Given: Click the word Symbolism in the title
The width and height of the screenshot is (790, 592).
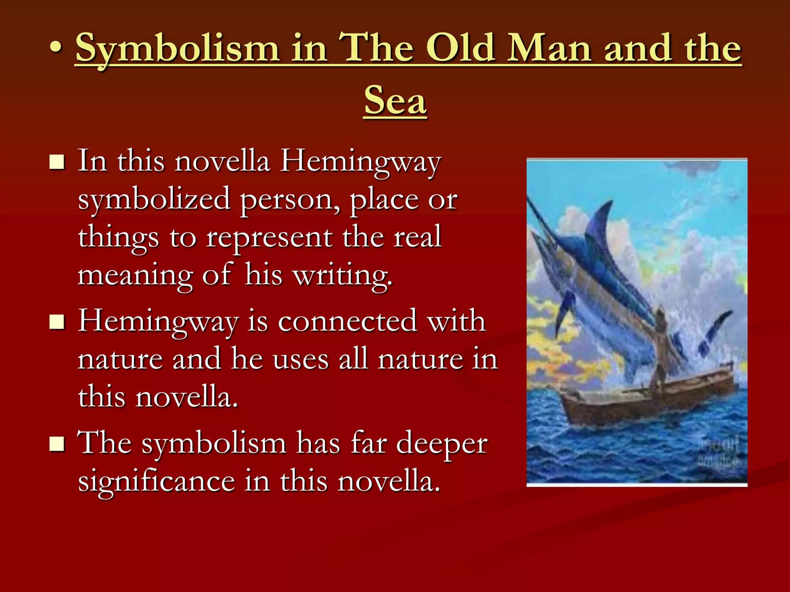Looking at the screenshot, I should click(177, 48).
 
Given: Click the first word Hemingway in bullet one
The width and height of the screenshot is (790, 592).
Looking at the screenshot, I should click(360, 161).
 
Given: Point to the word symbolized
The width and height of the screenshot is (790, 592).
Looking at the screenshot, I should click(154, 199).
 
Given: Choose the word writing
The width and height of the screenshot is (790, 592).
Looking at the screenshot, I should click(342, 275).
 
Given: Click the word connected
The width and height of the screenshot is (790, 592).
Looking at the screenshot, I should click(348, 321).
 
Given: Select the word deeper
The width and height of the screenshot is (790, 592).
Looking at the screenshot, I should click(442, 443).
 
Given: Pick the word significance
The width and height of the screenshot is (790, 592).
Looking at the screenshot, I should click(157, 481).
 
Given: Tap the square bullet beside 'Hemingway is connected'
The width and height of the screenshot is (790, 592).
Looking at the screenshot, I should click(57, 322).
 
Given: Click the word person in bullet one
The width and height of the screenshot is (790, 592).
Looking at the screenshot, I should click(290, 199).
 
